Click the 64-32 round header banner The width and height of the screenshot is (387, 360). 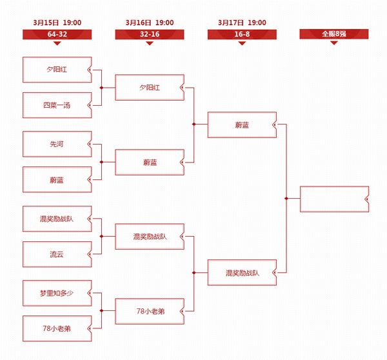pos(57,34)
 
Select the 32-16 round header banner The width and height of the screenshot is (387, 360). pos(150,34)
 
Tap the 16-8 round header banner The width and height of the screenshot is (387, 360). pos(242,34)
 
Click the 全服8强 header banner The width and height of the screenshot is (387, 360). pos(334,34)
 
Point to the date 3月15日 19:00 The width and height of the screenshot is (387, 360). pos(57,23)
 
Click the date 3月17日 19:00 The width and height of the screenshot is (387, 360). pos(242,23)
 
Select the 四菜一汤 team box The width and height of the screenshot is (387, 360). pos(57,105)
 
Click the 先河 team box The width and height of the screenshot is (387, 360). pos(57,144)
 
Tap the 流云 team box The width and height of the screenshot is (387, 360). pos(57,254)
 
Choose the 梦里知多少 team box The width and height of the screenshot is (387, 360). pos(57,293)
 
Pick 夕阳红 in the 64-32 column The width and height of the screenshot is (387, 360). pos(57,70)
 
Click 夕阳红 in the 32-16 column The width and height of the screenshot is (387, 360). pos(150,87)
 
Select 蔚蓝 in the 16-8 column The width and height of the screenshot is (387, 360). pos(242,125)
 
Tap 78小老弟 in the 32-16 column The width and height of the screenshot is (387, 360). pos(150,311)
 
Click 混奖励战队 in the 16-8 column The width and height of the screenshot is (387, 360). pos(242,273)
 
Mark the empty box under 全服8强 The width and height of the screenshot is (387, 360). pos(334,199)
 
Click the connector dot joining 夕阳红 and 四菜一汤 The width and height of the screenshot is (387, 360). pos(101,88)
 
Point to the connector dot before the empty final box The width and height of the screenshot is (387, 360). pos(286,198)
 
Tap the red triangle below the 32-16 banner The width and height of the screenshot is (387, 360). pos(150,43)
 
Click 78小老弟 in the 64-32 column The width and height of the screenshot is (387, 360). pos(57,328)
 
